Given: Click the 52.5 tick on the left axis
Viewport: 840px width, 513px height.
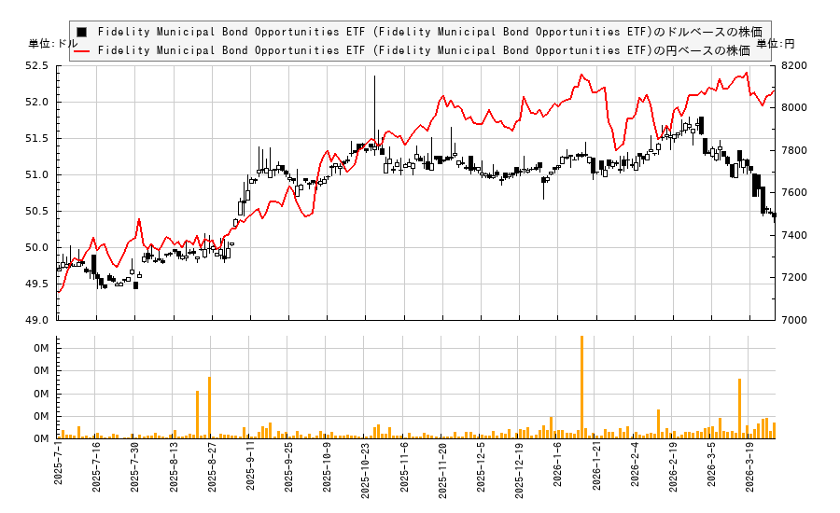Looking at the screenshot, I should pyautogui.click(x=38, y=65).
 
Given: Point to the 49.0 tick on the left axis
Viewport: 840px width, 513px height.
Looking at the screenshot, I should pyautogui.click(x=38, y=320).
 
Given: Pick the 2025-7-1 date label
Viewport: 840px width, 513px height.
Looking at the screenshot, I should pyautogui.click(x=60, y=464).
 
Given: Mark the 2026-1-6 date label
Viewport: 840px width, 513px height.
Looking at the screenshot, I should pyautogui.click(x=559, y=464).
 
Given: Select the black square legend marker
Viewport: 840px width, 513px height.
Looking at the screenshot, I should pyautogui.click(x=81, y=32).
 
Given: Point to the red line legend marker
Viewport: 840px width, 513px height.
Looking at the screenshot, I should pyautogui.click(x=81, y=50).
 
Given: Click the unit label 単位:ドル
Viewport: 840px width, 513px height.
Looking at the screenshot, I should pyautogui.click(x=53, y=44).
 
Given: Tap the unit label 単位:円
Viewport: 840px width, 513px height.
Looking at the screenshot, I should pyautogui.click(x=776, y=44).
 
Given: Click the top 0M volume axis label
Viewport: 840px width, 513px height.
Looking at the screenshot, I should pyautogui.click(x=41, y=348).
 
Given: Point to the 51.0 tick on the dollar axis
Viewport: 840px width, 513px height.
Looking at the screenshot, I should pyautogui.click(x=38, y=174).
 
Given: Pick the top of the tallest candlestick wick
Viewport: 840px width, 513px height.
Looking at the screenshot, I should pyautogui.click(x=374, y=76).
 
